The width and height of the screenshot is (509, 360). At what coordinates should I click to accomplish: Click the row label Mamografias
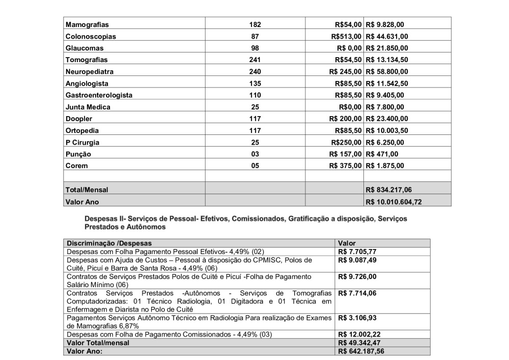pos(87,24)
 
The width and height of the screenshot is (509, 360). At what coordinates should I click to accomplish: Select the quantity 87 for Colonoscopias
pos(255,36)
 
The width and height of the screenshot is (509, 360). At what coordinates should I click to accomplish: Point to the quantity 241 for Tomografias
pos(255,60)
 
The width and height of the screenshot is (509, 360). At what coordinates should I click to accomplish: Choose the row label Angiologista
pos(87,83)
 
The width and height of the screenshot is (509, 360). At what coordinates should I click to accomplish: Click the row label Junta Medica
pos(88,107)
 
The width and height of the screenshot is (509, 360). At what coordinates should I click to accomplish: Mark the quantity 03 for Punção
pos(255,154)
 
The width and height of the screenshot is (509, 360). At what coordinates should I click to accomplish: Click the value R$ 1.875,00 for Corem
pos(385,165)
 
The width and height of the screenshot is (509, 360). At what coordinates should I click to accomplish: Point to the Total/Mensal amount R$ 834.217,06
pos(391,189)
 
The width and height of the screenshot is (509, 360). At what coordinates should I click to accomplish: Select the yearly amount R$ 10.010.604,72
pos(394,202)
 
